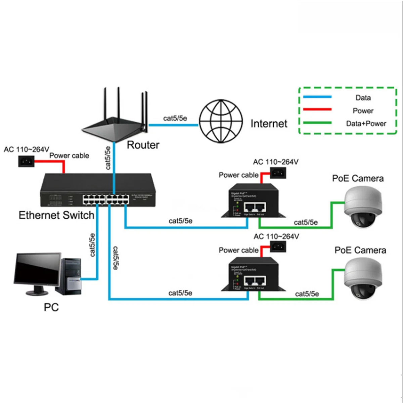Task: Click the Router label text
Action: tap(143, 145)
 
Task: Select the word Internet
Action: tap(269, 124)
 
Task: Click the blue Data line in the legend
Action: tap(317, 97)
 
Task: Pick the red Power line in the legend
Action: tap(317, 109)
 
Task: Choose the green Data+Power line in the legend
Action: tap(317, 123)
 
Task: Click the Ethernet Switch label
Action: tap(56, 215)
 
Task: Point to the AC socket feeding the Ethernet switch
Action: tap(26, 162)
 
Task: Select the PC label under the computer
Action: tap(51, 307)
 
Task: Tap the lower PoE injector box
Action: tap(250, 274)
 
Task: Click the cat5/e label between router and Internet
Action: tap(175, 118)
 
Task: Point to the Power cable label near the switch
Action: tap(69, 155)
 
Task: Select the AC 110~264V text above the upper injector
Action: tap(275, 162)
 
